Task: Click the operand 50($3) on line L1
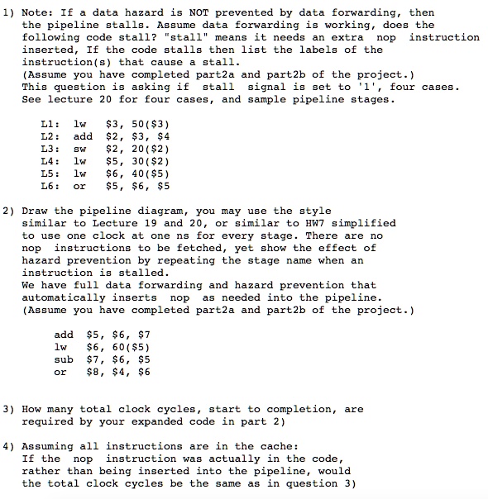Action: pos(145,123)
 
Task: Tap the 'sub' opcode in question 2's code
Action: pos(64,359)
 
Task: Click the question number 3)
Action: pos(9,409)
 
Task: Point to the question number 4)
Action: pos(9,446)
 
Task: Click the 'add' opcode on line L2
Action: pos(83,135)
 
